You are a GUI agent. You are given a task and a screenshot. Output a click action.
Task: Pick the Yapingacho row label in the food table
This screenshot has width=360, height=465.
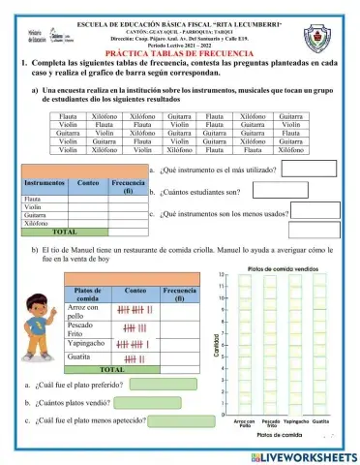88,343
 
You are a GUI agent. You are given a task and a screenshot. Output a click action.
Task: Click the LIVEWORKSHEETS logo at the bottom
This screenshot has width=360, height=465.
300,454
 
